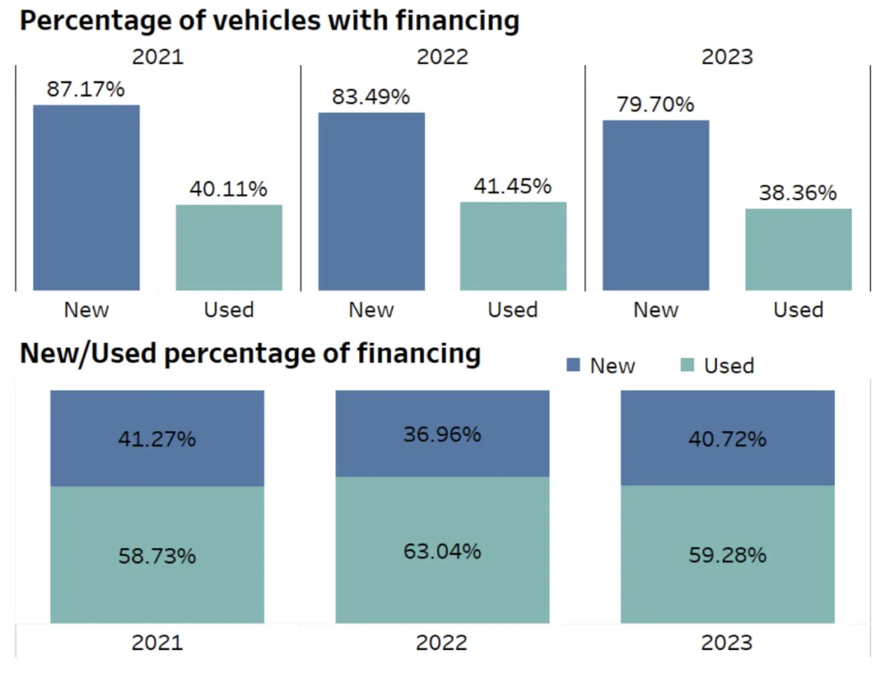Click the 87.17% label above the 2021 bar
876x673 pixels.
point(86,89)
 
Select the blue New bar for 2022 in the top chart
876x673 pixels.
point(371,201)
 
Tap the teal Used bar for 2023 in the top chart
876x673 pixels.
point(798,249)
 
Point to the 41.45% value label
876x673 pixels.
point(512,186)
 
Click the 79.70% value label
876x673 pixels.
point(655,104)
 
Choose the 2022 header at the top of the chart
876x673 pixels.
point(442,56)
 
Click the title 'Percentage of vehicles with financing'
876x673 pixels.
point(269,21)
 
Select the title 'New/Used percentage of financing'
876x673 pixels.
point(250,353)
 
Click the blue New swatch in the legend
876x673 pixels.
point(574,366)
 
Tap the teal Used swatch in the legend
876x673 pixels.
point(687,366)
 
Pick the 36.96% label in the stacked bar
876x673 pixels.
point(442,434)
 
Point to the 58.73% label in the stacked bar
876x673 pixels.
point(157,556)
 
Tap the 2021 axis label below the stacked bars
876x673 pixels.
point(157,642)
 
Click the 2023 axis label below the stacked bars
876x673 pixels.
point(727,642)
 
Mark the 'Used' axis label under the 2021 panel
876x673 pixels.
point(228,310)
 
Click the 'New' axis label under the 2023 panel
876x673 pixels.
point(655,310)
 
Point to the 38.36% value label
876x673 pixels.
point(798,193)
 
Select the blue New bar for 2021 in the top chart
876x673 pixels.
point(86,197)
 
